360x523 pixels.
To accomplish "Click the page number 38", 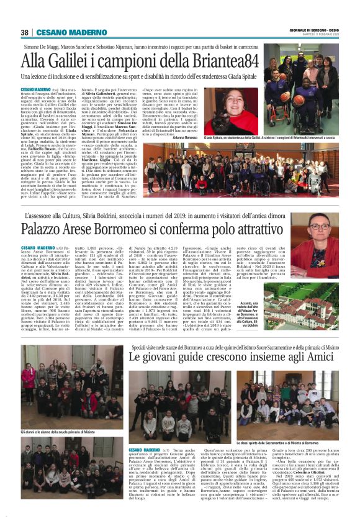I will (24, 33).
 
